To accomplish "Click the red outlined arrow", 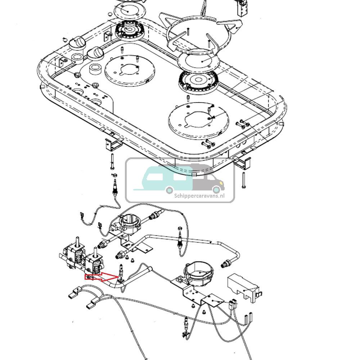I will tap(102, 277).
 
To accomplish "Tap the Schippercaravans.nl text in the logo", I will tap(199, 195).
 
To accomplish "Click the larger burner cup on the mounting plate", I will tap(197, 273).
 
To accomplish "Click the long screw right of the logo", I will tap(244, 180).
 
